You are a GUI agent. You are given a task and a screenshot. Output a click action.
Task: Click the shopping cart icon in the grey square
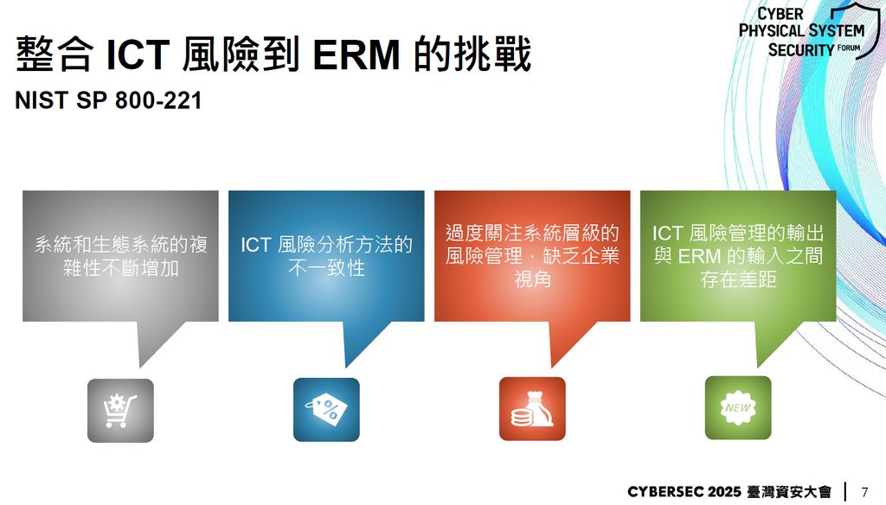(119, 411)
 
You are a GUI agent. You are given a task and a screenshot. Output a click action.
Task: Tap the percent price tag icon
(326, 410)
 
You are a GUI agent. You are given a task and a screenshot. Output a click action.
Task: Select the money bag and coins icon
(532, 409)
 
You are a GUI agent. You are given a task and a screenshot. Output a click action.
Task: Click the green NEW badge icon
(738, 407)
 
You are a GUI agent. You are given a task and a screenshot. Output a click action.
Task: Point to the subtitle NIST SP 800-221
(108, 100)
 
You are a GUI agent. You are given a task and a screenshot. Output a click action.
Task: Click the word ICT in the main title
(138, 54)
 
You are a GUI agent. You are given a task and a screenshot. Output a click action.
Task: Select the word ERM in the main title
(356, 54)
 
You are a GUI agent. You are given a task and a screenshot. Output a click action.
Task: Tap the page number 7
(864, 491)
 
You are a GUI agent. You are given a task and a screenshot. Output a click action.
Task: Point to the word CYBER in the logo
(780, 14)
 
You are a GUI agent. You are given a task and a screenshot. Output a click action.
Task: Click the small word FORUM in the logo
(849, 48)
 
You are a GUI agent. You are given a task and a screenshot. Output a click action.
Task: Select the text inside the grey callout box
(120, 256)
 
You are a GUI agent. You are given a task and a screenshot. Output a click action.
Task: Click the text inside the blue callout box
(326, 256)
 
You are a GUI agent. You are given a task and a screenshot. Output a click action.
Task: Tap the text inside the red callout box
(532, 256)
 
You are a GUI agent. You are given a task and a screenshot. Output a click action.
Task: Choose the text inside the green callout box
(738, 256)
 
